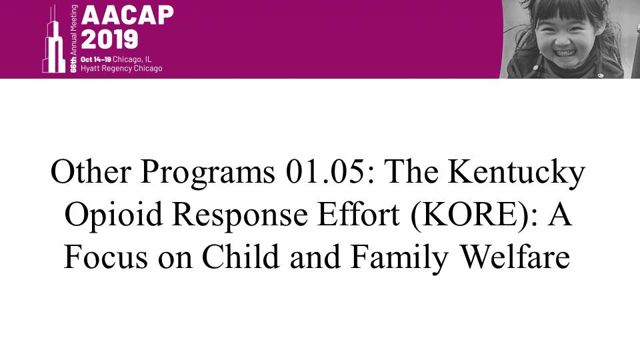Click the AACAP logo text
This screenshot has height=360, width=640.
pos(127,15)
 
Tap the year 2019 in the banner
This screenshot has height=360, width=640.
pos(109,39)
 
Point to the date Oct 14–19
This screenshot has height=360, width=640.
pos(95,59)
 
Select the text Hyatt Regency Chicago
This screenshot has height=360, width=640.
pos(121,69)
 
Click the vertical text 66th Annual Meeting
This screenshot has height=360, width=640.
pos(73,39)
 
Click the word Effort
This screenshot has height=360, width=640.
pos(359,214)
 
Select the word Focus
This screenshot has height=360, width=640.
pos(105,257)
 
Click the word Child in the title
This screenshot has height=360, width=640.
pos(241,256)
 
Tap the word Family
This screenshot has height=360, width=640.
pos(399,259)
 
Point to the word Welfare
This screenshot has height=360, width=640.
pos(515,256)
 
